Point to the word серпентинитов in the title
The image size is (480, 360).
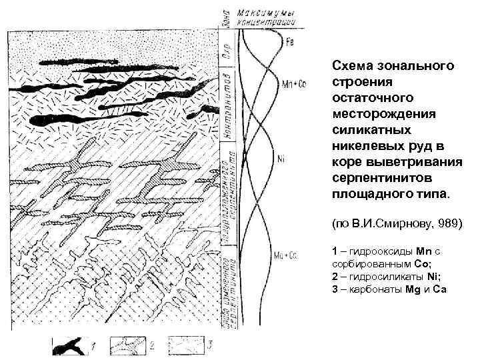tap(374, 181)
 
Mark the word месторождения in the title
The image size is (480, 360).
tap(373, 111)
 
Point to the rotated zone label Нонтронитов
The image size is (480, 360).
tap(227, 109)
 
